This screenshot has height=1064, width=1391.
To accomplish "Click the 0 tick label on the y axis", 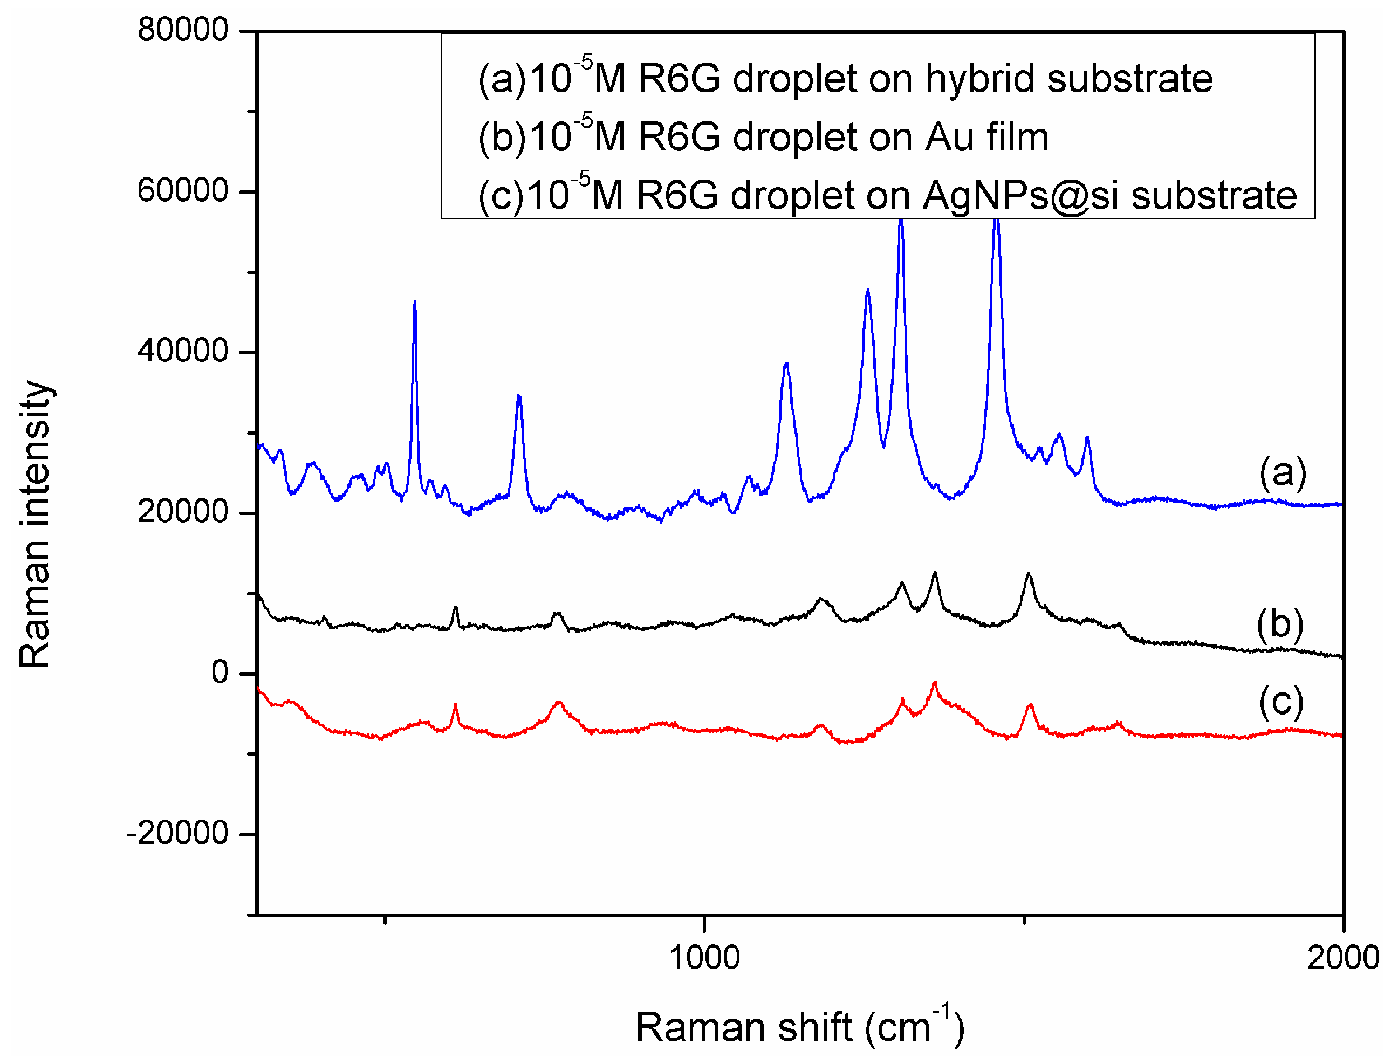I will click(220, 672).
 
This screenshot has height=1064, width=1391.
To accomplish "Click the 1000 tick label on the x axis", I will click(704, 957).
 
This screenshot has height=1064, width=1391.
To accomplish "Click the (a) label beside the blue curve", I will click(1282, 472).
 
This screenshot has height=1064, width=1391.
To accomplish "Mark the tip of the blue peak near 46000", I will click(414, 302).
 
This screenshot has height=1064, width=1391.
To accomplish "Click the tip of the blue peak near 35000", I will click(519, 396).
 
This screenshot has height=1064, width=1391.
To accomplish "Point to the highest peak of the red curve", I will click(934, 683).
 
